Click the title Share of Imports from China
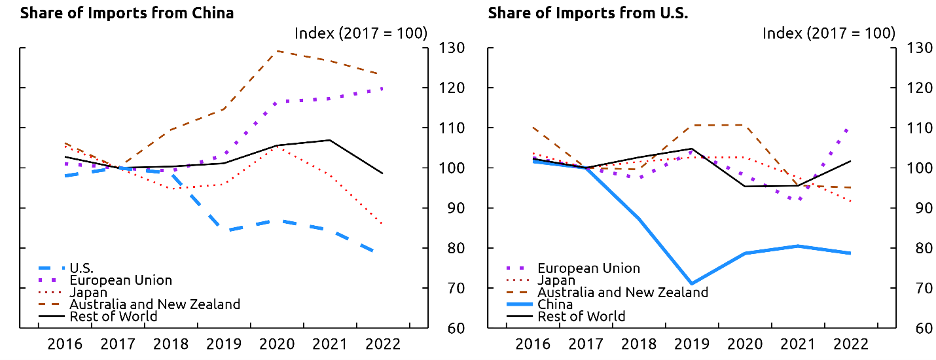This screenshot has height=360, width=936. pyautogui.click(x=127, y=12)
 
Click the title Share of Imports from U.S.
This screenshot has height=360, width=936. pyautogui.click(x=588, y=12)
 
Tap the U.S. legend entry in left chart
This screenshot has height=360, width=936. pyautogui.click(x=82, y=268)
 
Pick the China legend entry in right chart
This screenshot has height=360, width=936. pyautogui.click(x=555, y=304)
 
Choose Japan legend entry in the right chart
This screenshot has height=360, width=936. pyautogui.click(x=556, y=280)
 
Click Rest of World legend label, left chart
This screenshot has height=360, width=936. pyautogui.click(x=113, y=316)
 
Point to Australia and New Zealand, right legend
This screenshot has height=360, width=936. pyautogui.click(x=622, y=292)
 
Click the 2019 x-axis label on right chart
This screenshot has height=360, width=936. pyautogui.click(x=692, y=344)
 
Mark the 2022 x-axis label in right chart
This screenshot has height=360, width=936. pyautogui.click(x=850, y=344)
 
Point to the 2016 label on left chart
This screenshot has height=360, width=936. pyautogui.click(x=64, y=344)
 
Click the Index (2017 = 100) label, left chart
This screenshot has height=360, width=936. pyautogui.click(x=361, y=33)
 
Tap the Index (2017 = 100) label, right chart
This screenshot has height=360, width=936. pyautogui.click(x=829, y=33)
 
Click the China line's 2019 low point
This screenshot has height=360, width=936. pyautogui.click(x=692, y=284)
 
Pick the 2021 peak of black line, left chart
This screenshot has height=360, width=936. pyautogui.click(x=329, y=140)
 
